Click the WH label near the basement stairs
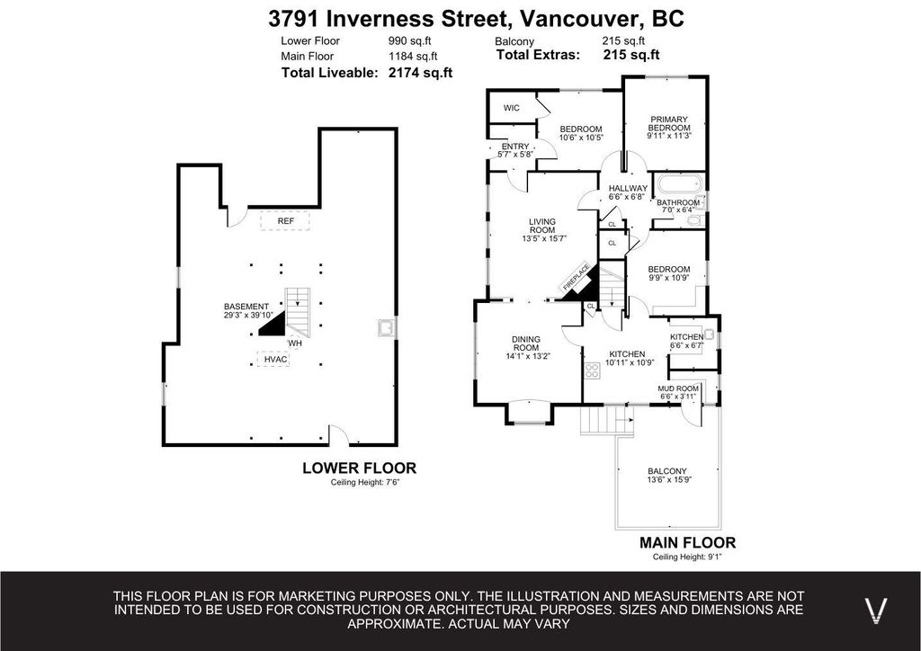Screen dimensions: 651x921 tap(295, 343)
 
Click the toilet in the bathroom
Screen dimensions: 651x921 tap(693, 219)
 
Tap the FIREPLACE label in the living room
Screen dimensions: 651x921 tap(576, 276)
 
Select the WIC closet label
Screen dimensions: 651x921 tap(511, 108)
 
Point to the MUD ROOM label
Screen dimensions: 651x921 tap(677, 388)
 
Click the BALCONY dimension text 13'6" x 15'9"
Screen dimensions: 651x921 tap(666, 480)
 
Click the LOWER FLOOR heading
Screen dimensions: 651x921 tap(359, 468)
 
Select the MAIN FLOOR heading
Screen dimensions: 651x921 tap(687, 542)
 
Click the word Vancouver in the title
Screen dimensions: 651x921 tap(573, 17)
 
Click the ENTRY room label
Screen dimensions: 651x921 tap(515, 147)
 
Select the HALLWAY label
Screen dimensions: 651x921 tap(628, 188)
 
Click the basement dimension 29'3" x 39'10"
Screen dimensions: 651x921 tap(247, 316)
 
